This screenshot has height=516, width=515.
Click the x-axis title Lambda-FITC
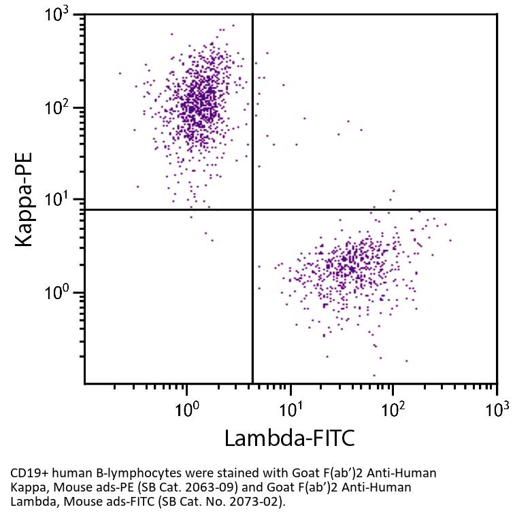[x=289, y=438]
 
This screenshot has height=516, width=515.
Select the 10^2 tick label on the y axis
[x=60, y=109]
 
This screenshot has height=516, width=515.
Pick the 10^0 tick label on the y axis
[x=60, y=294]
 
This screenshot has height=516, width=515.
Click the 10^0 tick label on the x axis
[x=186, y=409]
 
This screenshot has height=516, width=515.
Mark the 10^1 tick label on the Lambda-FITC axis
[x=290, y=409]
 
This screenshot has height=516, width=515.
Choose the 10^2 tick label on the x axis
[x=393, y=409]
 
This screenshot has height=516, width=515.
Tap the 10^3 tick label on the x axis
[x=497, y=409]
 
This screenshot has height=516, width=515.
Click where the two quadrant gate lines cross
[x=252, y=209]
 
